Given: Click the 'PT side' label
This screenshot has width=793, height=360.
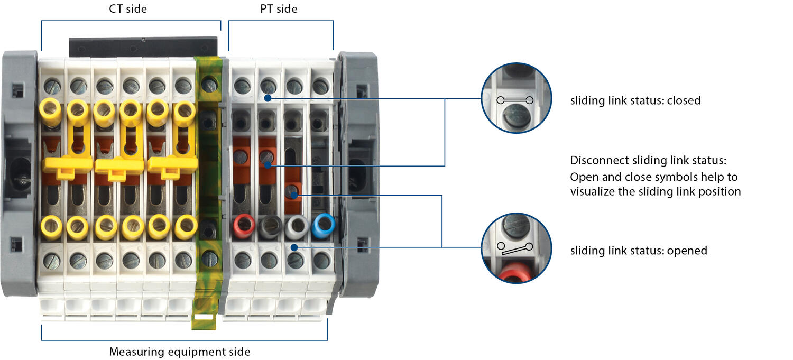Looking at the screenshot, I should [279, 8].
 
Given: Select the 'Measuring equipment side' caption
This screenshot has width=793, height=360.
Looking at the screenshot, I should [180, 352].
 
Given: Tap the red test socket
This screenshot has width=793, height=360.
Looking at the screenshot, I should [244, 227].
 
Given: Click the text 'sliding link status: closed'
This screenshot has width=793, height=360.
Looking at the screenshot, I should [635, 100].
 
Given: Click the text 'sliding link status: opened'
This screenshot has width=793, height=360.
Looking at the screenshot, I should [638, 251].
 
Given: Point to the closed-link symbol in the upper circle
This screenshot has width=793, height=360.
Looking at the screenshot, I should [515, 100].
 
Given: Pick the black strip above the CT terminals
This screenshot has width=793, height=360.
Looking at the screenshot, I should [143, 47].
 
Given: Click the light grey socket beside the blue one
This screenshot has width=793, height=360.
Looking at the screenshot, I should [296, 227].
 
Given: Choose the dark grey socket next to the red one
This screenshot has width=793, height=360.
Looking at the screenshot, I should [270, 227].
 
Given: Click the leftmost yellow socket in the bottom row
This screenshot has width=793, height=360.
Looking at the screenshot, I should [51, 226].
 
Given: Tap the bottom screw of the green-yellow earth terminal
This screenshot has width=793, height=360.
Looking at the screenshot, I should [209, 259].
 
